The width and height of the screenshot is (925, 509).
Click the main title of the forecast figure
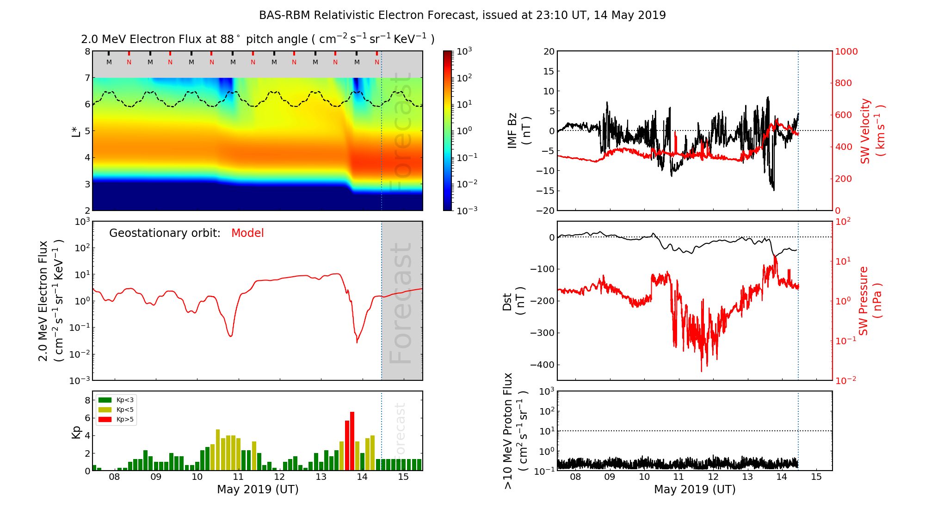(462, 15)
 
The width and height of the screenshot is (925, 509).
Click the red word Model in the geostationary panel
(247, 233)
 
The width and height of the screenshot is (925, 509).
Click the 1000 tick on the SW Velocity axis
(846, 51)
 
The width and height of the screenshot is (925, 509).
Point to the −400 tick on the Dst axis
(542, 365)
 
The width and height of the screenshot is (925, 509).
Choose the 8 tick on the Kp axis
(87, 400)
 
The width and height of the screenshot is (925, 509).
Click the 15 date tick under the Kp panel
(403, 477)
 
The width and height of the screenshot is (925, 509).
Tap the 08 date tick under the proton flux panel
(575, 477)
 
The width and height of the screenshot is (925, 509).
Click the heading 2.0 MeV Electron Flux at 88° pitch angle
(257, 39)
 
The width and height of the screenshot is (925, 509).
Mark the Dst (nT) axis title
(513, 301)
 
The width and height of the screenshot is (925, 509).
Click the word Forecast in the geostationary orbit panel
(401, 303)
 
